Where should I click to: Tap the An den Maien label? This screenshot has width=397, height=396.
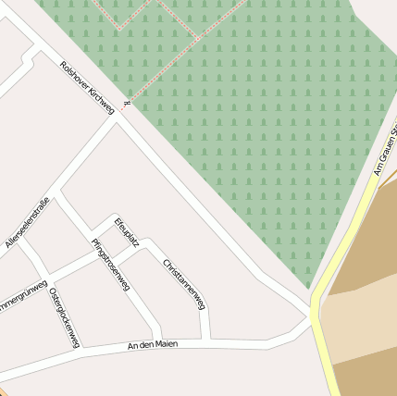[x=152, y=345]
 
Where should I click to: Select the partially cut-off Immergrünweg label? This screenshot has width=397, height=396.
[x=20, y=294]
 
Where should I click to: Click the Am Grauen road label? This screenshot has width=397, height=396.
[x=385, y=153]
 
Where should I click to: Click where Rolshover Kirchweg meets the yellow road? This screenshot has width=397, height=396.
[x=313, y=305]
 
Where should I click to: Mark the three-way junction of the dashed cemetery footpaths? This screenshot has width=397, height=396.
[x=197, y=37]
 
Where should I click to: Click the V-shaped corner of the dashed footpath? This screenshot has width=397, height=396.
[x=119, y=28]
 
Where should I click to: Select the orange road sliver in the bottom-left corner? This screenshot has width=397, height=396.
[x=4, y=392]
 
